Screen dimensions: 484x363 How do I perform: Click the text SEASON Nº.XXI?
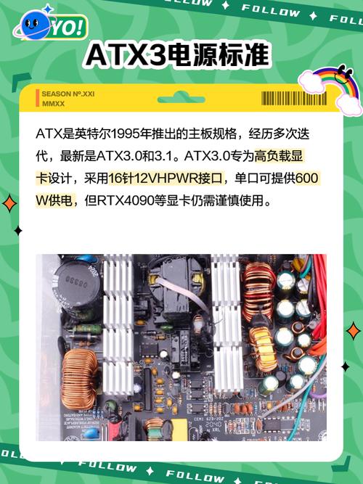[68, 94]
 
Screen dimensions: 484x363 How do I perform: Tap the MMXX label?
[53, 104]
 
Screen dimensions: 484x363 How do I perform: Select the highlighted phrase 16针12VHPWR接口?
[168, 179]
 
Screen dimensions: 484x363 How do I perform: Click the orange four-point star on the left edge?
[9, 202]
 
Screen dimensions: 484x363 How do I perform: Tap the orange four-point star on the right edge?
[353, 331]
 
